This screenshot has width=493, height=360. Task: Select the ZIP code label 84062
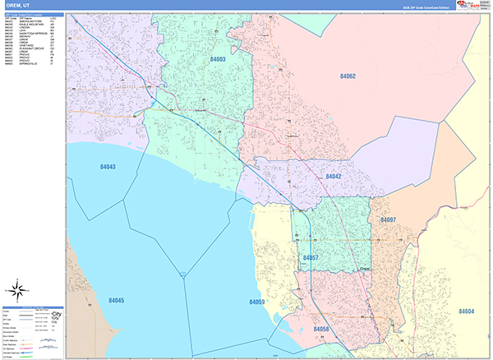(x=348, y=76)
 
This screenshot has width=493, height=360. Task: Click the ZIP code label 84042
(x=333, y=176)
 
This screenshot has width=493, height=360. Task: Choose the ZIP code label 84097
(x=388, y=220)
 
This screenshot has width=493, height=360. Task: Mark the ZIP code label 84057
(x=311, y=258)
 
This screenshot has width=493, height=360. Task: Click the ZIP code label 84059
(x=257, y=302)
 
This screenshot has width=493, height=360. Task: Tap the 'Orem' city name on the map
(x=366, y=268)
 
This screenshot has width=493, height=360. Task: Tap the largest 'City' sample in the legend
(x=57, y=315)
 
